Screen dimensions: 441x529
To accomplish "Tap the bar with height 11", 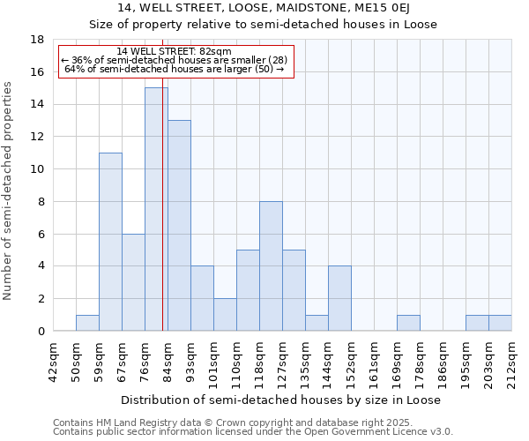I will (x=110, y=242).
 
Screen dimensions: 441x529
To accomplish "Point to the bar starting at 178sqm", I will (x=408, y=323).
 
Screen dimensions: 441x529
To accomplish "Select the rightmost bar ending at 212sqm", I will (x=500, y=323).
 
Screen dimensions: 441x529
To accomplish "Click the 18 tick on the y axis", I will (x=37, y=40).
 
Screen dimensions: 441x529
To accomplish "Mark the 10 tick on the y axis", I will (x=37, y=169).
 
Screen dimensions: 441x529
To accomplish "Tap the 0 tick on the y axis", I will (x=41, y=332).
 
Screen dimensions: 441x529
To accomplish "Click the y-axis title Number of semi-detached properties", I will (x=9, y=191).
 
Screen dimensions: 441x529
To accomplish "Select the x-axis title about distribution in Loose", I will (x=282, y=400).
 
